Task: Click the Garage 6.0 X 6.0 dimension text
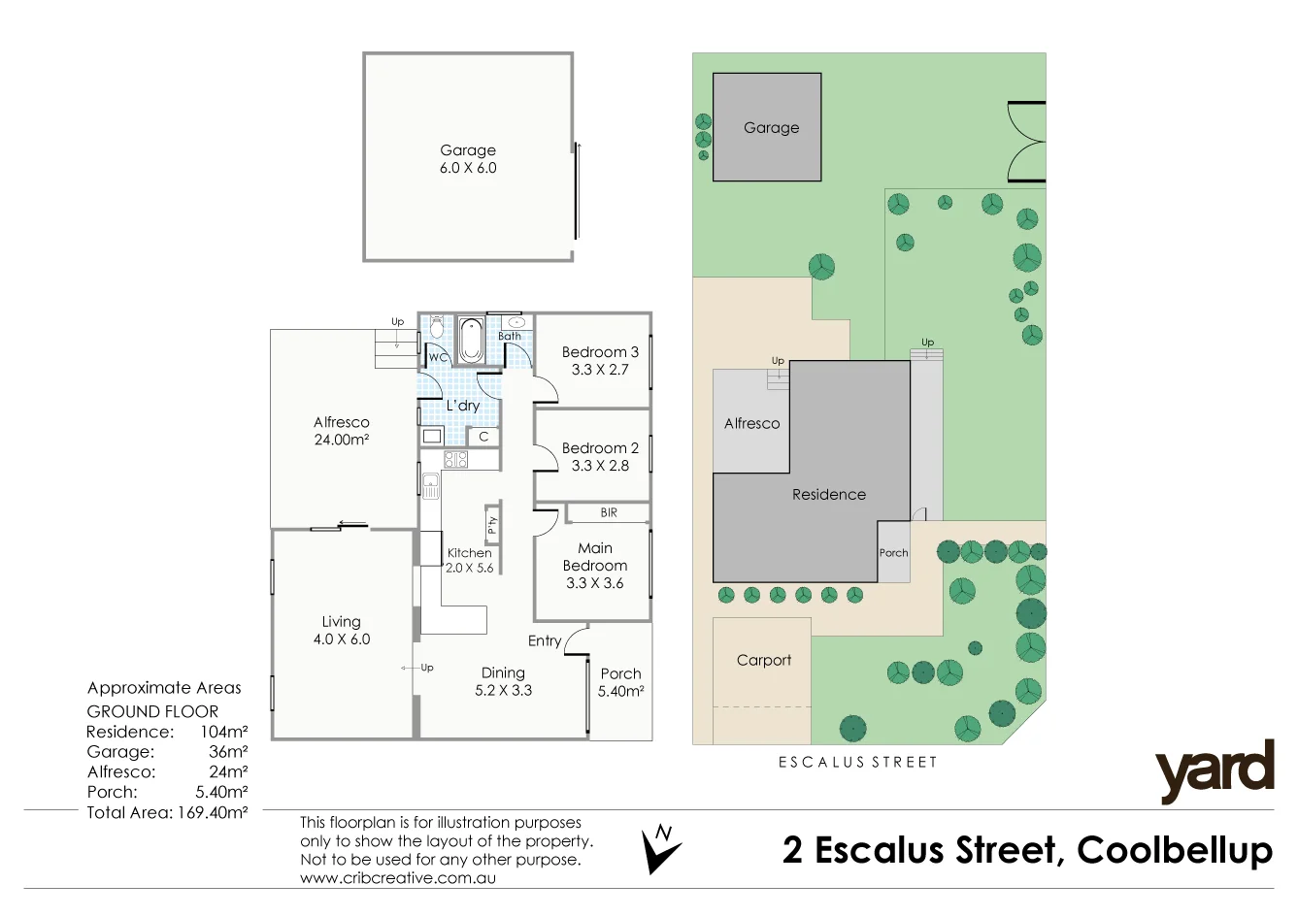click(x=468, y=168)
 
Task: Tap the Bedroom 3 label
click(x=600, y=352)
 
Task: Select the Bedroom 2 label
click(x=600, y=448)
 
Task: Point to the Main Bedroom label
click(x=595, y=557)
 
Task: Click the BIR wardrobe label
click(x=609, y=512)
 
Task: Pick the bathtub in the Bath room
click(x=472, y=340)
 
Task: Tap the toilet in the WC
click(x=436, y=327)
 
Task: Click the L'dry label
click(x=463, y=406)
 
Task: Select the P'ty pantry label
click(x=492, y=525)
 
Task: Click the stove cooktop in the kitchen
click(x=456, y=459)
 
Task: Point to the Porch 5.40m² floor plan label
click(x=620, y=682)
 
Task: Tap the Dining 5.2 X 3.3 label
click(x=503, y=681)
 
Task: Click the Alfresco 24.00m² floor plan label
click(x=342, y=431)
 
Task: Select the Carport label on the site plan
click(x=764, y=660)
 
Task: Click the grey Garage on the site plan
click(x=768, y=127)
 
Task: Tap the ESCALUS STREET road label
click(x=858, y=763)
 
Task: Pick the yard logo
click(x=1215, y=771)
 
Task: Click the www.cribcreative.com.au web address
click(x=398, y=878)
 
